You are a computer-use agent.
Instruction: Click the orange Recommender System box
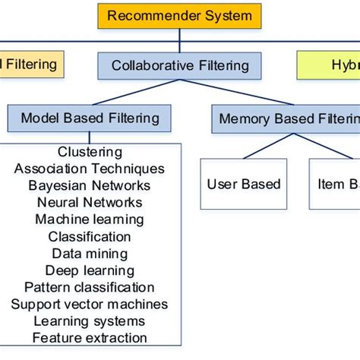pyautogui.click(x=179, y=16)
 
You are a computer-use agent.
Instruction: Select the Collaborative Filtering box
pyautogui.click(x=179, y=65)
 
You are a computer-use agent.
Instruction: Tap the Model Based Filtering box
pyautogui.click(x=90, y=118)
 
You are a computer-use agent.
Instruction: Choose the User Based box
pyautogui.click(x=244, y=184)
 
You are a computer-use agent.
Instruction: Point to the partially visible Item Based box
pyautogui.click(x=334, y=184)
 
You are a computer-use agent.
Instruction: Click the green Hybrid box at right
pyautogui.click(x=328, y=65)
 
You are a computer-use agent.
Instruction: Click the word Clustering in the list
pyautogui.click(x=90, y=153)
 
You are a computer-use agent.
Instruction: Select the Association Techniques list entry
pyautogui.click(x=90, y=169)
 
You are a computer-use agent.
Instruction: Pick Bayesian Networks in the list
pyautogui.click(x=90, y=185)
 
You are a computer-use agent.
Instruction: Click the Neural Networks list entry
pyautogui.click(x=90, y=202)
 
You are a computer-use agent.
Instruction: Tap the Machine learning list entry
pyautogui.click(x=90, y=219)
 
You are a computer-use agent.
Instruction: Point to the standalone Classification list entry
pyautogui.click(x=90, y=236)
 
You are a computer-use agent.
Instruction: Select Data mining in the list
pyautogui.click(x=90, y=254)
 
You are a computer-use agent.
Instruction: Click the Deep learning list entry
pyautogui.click(x=90, y=270)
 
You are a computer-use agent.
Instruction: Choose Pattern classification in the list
pyautogui.click(x=90, y=287)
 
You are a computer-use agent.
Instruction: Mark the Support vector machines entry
pyautogui.click(x=90, y=305)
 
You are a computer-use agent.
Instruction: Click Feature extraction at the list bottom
pyautogui.click(x=90, y=338)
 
